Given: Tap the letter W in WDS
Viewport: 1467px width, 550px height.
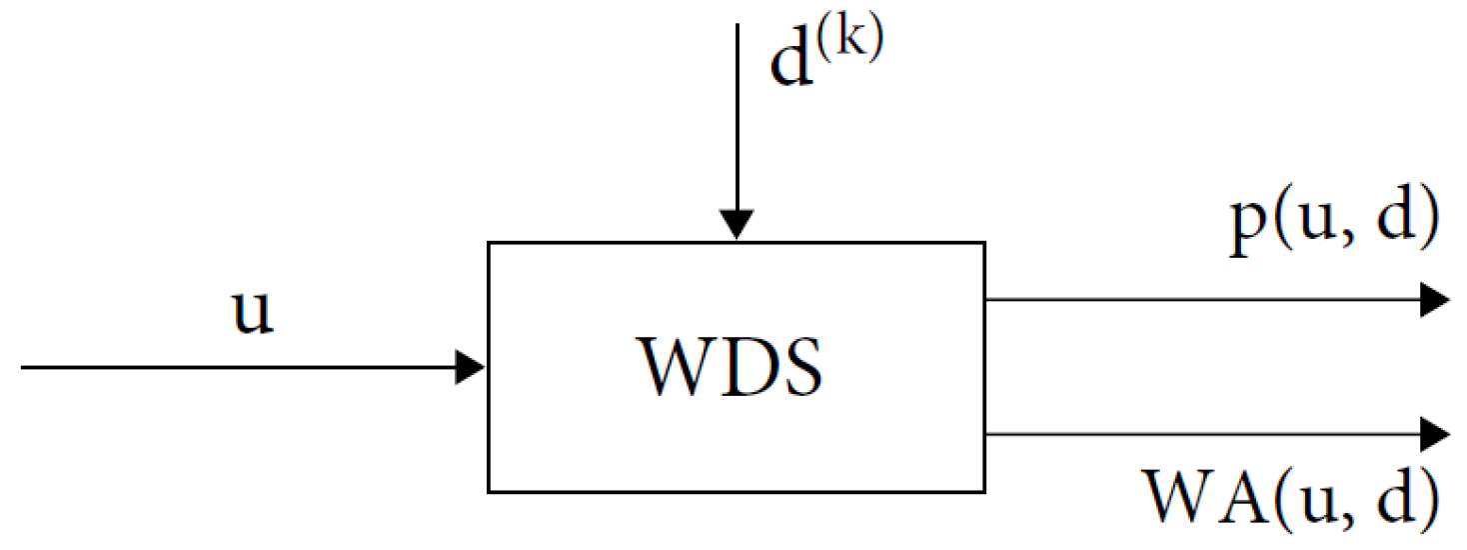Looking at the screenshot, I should (x=676, y=367).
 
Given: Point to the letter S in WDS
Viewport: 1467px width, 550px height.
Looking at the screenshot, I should (x=800, y=367).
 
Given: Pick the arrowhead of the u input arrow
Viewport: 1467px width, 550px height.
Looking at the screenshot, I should (x=471, y=367).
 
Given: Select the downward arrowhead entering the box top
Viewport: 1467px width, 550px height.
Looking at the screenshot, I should (x=736, y=225).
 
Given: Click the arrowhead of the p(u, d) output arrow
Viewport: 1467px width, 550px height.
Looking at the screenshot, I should (x=1435, y=300).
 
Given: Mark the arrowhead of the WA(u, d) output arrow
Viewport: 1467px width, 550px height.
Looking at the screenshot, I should (x=1435, y=434).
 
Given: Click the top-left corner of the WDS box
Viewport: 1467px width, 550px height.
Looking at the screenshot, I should (x=489, y=243).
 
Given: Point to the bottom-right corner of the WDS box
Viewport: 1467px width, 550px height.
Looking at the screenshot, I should (x=984, y=491).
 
